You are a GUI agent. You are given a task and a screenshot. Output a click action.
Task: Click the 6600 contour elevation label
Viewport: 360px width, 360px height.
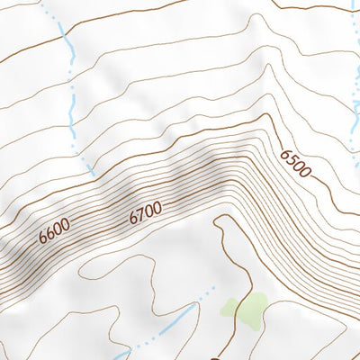point(55,232)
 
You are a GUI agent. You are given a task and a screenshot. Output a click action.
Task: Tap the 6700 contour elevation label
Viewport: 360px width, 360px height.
point(145,212)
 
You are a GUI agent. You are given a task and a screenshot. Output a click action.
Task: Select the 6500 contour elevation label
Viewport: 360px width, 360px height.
point(295,164)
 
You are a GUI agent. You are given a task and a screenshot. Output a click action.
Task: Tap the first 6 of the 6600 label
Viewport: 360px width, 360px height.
point(43,238)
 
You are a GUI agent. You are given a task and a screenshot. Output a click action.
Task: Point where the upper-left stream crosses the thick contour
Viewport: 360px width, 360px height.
point(64,38)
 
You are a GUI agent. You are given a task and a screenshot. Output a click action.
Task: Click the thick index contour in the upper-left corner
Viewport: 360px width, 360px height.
point(18,54)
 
